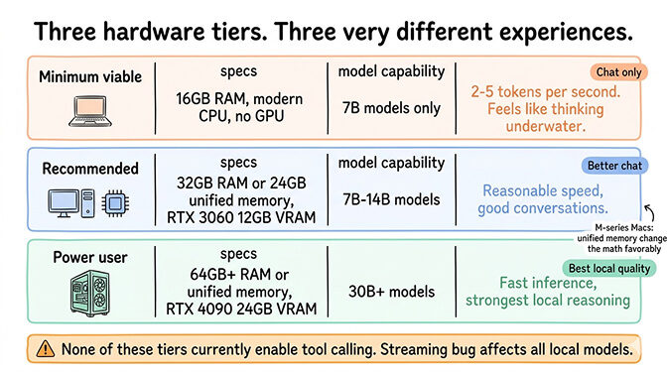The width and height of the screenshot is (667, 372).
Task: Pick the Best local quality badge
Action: tap(609, 268)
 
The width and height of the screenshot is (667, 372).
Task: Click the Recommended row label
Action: tap(89, 169)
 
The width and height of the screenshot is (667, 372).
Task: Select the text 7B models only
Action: tap(390, 106)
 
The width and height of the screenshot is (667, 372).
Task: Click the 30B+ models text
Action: tap(390, 292)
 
